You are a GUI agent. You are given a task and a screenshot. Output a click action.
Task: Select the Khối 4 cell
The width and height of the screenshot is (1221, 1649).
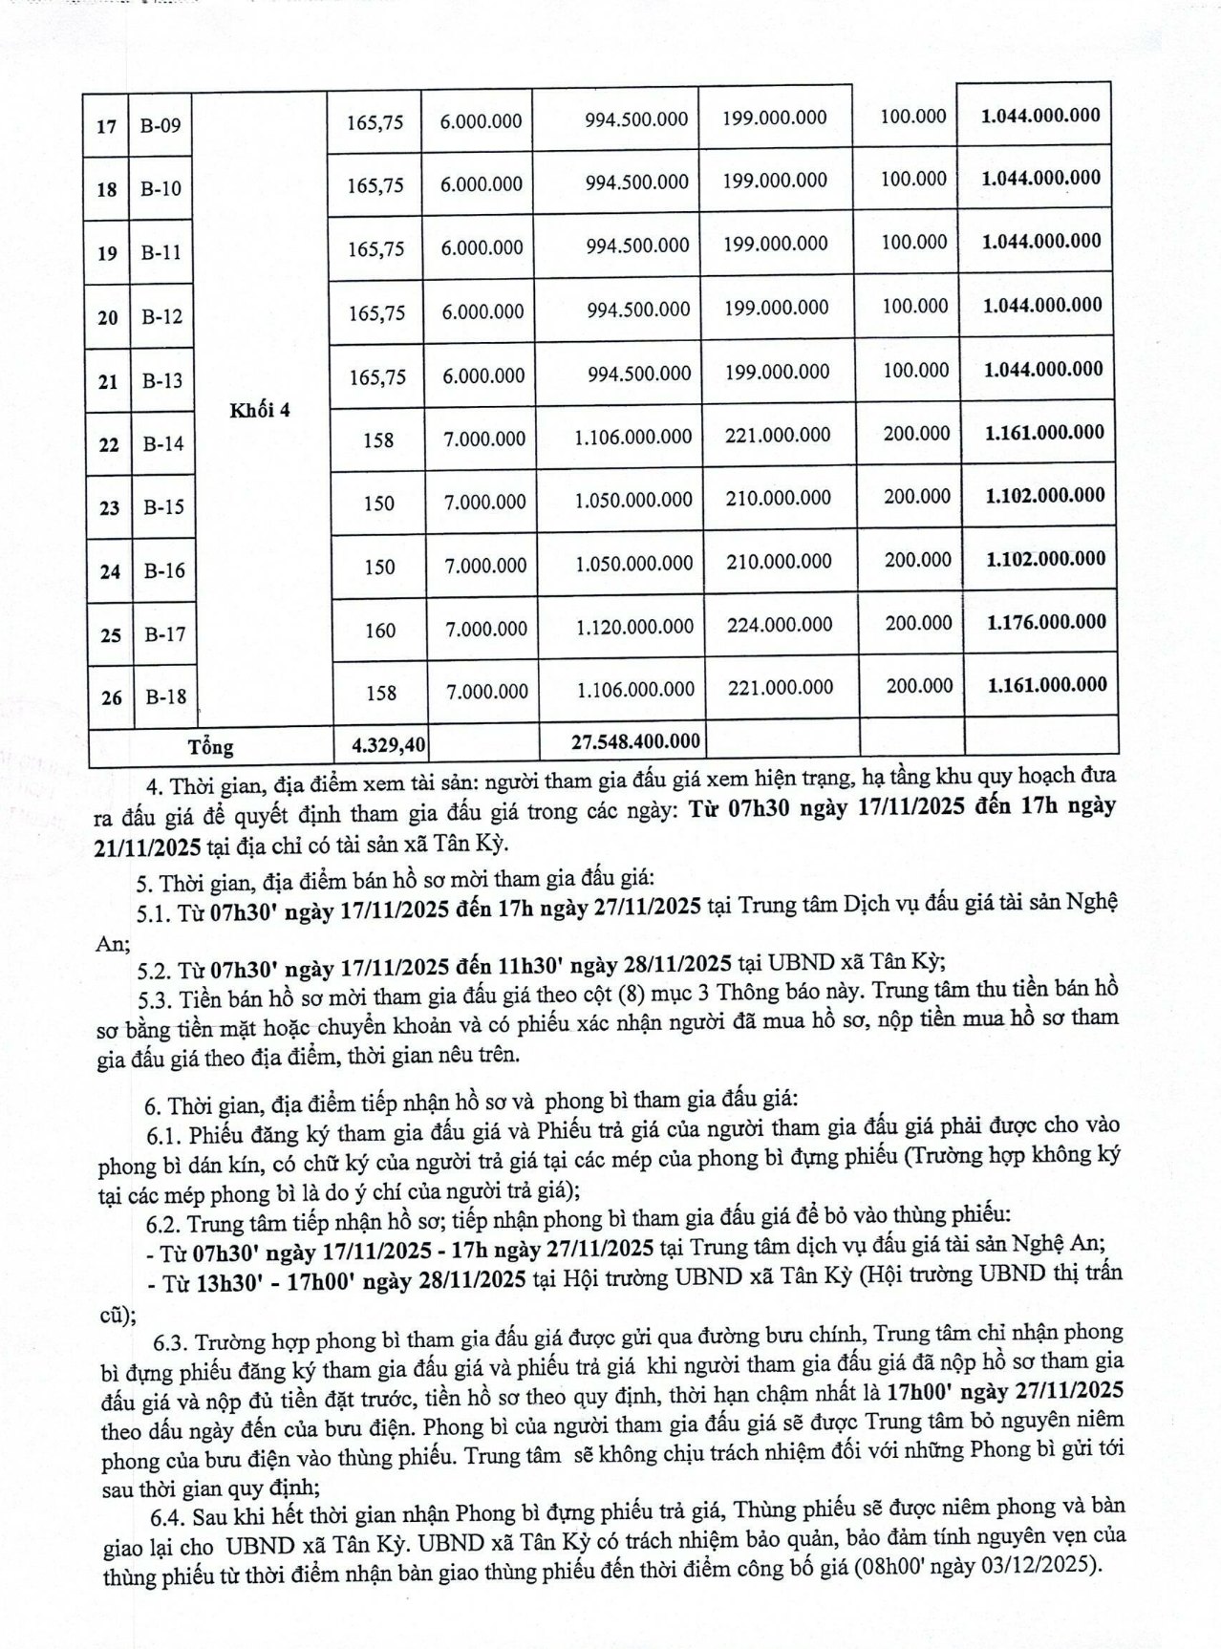[260, 410]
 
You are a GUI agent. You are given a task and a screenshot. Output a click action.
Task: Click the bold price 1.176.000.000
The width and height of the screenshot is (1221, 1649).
[1047, 622]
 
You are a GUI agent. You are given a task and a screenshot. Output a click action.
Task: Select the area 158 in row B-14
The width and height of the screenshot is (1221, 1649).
[378, 440]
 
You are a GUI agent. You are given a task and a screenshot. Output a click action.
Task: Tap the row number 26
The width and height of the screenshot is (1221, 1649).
[111, 697]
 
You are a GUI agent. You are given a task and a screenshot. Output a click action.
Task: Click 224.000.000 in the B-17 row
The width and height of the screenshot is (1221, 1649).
[779, 625]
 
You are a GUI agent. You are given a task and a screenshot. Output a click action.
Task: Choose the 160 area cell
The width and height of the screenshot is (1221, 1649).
[379, 631]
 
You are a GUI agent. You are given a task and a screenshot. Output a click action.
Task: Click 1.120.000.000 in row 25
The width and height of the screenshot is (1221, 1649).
[634, 627]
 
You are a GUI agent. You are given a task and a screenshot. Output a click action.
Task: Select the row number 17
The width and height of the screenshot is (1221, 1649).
[106, 125]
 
